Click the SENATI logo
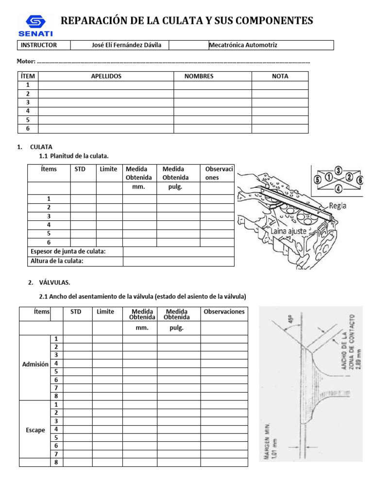pos(35,25)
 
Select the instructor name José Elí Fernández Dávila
pos(127,45)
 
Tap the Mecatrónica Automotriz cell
pos(243,45)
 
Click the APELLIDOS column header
pos(106,76)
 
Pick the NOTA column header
pos(280,76)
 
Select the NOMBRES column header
pos(199,76)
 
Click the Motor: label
pos(26,62)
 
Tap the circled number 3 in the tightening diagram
pos(338,170)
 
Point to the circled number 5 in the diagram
pos(318,179)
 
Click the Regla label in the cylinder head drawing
pos(338,205)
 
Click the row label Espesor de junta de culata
pos(68,251)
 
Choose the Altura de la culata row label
pos(57,261)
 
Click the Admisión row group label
pos(35,364)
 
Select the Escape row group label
pos(35,430)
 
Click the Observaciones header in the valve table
pos(224,312)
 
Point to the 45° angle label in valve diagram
pos(291,321)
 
